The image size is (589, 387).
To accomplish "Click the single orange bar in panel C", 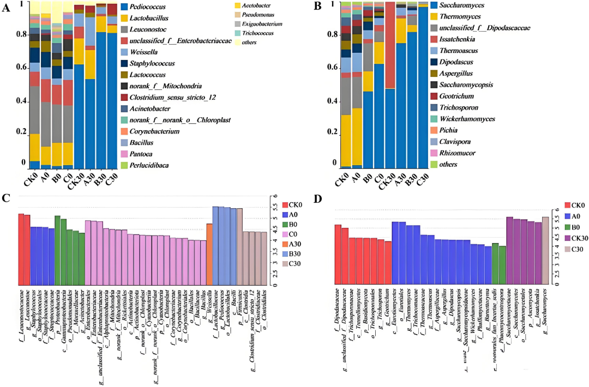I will (209, 255).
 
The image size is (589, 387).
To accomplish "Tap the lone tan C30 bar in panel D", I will (545, 251).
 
